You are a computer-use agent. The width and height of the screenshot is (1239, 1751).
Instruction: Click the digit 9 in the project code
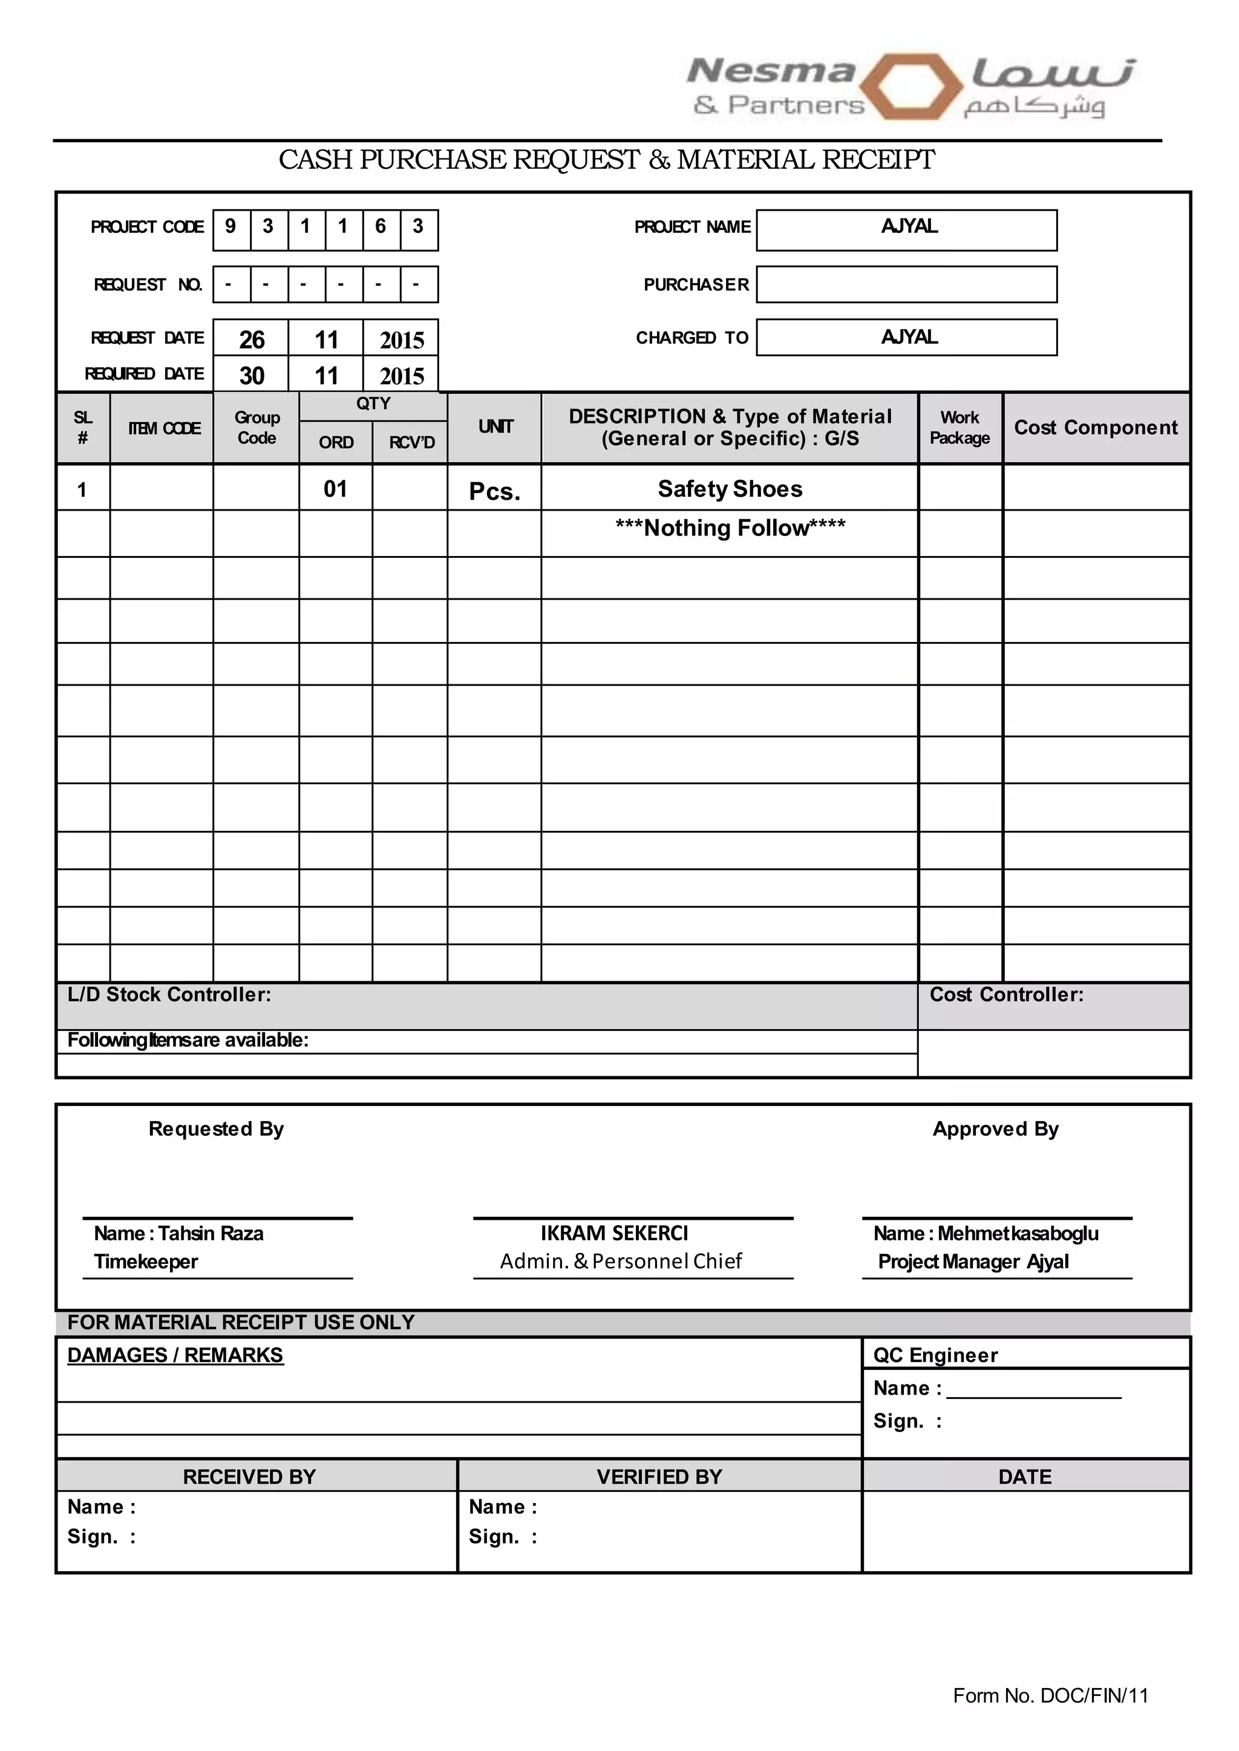coord(230,227)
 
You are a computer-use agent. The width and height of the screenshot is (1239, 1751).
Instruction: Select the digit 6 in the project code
coord(380,227)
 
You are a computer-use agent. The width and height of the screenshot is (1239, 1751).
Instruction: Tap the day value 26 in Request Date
coord(251,339)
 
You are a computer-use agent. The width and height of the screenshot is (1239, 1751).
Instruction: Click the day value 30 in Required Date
coord(251,375)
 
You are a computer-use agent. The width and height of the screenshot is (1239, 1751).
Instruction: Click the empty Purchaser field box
coord(906,284)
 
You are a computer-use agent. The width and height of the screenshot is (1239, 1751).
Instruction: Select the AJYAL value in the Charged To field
coord(909,337)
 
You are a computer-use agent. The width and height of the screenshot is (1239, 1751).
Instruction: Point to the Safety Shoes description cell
coord(730,489)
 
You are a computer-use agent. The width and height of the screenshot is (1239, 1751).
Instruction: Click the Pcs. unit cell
coord(494,491)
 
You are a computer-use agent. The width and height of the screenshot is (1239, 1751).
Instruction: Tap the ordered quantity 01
coord(335,489)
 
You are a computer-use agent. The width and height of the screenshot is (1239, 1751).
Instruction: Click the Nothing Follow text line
coord(730,528)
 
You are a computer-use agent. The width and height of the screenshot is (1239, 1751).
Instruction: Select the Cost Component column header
coord(1096,428)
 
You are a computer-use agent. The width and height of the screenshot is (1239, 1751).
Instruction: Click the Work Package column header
coord(959,428)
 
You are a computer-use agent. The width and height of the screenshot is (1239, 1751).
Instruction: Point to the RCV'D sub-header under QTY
coord(411,442)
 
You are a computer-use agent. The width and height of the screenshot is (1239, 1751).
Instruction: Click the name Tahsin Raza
coord(211,1234)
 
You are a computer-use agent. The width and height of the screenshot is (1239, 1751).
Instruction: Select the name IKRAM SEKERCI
coord(614,1234)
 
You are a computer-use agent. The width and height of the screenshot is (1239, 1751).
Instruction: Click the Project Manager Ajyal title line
coord(973,1262)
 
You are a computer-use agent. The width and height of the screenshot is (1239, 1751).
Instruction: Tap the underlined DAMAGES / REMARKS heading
coord(175,1356)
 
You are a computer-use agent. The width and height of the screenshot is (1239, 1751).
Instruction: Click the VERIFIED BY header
coord(659,1477)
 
